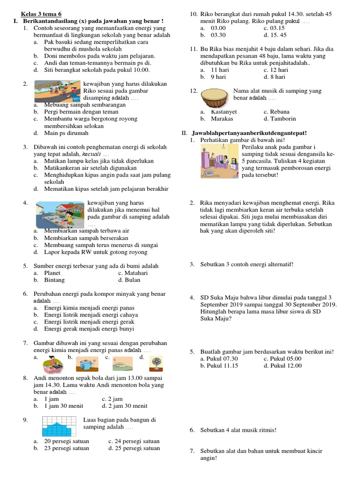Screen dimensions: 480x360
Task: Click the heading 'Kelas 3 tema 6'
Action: tap(41, 14)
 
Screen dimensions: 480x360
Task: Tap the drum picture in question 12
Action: tap(216, 97)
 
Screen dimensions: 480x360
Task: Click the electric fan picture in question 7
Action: tap(155, 363)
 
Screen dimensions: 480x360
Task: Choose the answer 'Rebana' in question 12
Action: tap(279, 112)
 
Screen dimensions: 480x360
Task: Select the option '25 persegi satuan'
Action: tap(136, 448)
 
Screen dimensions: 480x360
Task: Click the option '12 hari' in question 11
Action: tap(278, 69)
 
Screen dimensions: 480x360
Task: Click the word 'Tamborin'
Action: tap(279, 119)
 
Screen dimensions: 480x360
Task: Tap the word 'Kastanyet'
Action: tap(224, 112)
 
